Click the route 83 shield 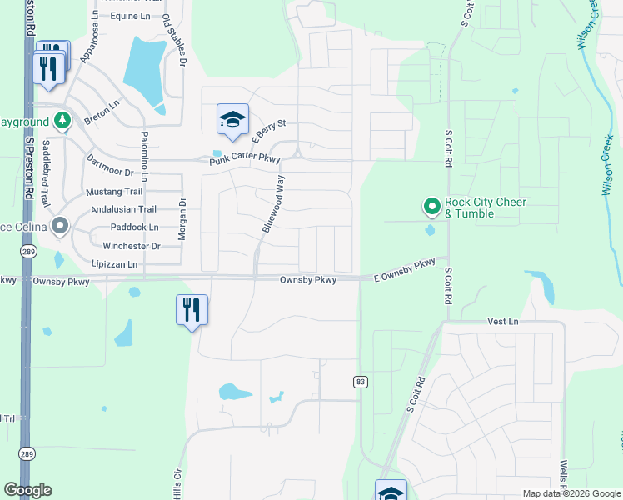(360, 382)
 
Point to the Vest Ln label (502, 321)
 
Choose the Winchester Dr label (132, 247)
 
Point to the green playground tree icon (62, 121)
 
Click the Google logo (27, 490)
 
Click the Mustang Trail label (115, 192)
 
